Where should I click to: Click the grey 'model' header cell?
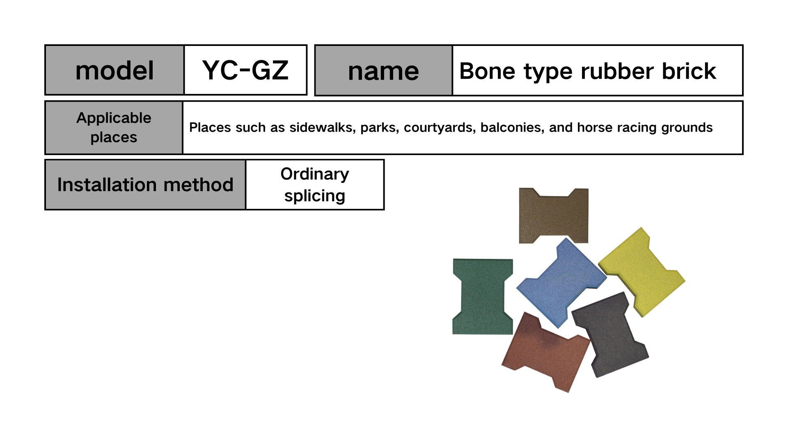(115, 70)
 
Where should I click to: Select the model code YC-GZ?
(245, 70)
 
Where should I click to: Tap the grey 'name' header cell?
(383, 71)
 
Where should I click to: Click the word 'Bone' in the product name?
(487, 71)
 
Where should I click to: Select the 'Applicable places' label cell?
(114, 128)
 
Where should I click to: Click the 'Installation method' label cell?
(145, 185)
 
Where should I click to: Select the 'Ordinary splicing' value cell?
(315, 185)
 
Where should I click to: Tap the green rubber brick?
(483, 297)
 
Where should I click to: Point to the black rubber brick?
(610, 334)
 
